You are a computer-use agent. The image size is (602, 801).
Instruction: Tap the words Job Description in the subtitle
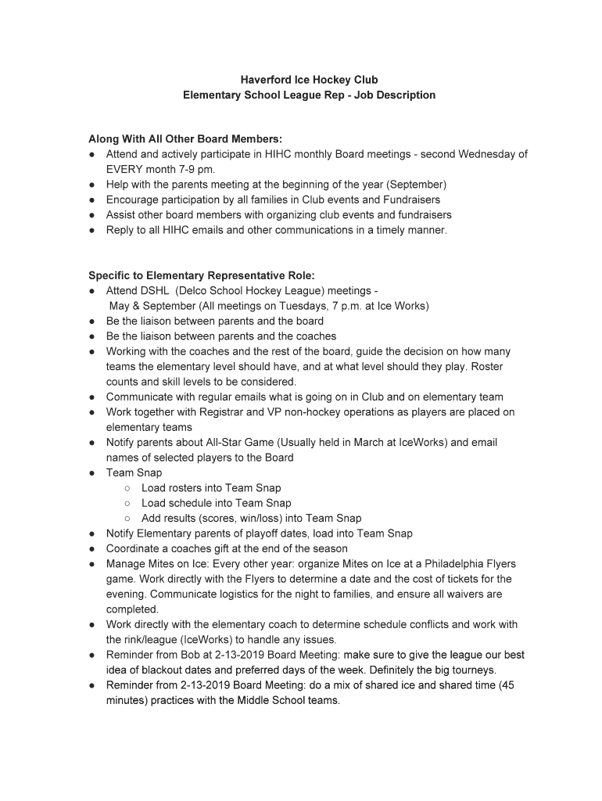pos(396,95)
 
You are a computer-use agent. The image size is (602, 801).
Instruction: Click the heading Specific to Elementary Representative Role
pos(202,275)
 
